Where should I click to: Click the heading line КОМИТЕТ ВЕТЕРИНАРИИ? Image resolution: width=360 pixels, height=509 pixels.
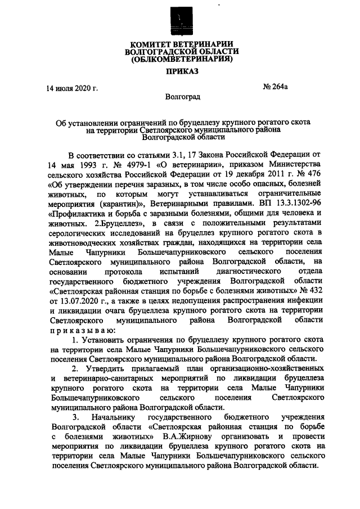[x=180, y=44]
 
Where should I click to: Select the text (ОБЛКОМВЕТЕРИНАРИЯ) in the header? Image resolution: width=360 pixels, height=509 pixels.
[x=180, y=58]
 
